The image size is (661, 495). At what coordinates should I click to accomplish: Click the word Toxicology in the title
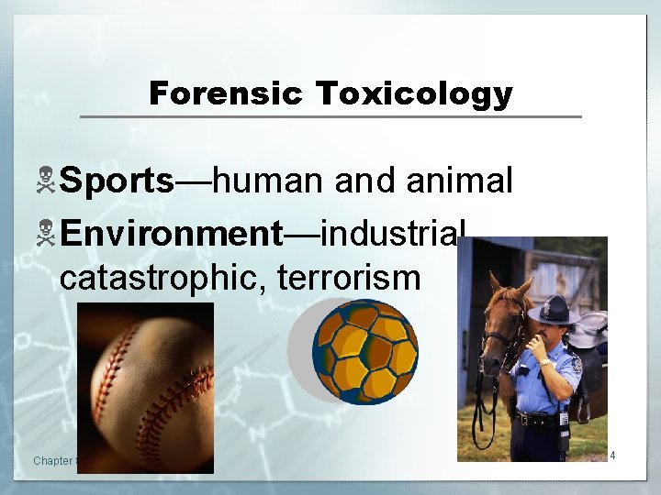413,93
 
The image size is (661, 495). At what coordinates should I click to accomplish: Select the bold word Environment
173,233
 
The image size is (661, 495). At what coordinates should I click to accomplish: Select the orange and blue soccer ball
364,351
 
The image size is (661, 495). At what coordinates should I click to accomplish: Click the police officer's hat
553,310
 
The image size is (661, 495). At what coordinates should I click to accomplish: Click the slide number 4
611,455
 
